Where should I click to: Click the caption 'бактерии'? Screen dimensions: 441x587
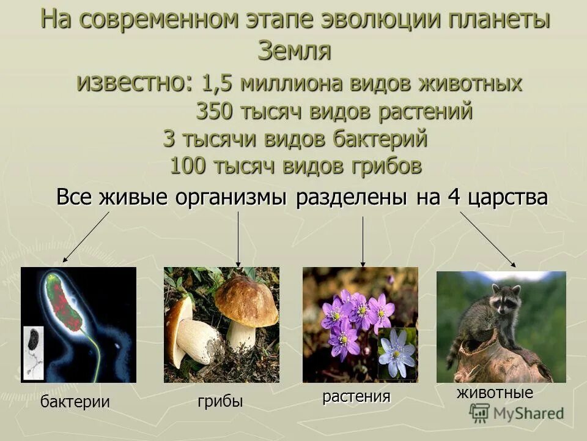point(75,402)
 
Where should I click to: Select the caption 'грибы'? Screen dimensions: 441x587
point(220,401)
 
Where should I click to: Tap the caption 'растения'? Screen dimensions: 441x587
point(356,396)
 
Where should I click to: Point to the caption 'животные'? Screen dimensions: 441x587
point(495,393)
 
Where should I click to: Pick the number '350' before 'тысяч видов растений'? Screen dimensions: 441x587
point(213,111)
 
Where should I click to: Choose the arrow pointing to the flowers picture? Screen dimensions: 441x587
point(363,242)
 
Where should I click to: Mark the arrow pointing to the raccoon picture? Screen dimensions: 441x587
point(488,239)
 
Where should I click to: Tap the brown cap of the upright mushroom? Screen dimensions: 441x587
point(246,300)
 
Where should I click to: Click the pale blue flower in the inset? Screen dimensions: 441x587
point(397,353)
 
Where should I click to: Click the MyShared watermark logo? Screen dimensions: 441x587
point(517,413)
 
